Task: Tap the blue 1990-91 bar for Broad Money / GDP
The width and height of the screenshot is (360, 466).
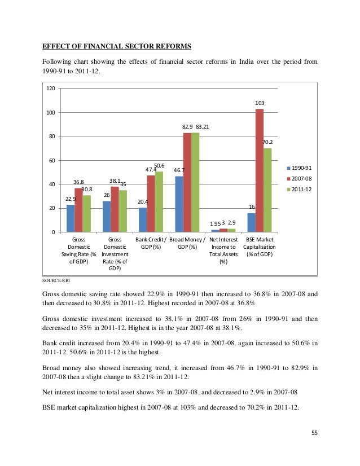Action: tap(179, 204)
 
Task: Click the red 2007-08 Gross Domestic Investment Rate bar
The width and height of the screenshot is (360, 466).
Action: tap(115, 209)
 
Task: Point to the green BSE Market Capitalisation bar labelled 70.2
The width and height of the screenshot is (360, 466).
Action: tap(267, 190)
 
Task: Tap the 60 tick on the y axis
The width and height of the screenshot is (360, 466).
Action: tap(52, 161)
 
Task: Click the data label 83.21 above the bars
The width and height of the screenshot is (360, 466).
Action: tap(203, 127)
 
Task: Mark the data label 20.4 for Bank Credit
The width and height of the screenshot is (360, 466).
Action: tap(143, 201)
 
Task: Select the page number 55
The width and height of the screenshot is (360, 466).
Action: tap(314, 432)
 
